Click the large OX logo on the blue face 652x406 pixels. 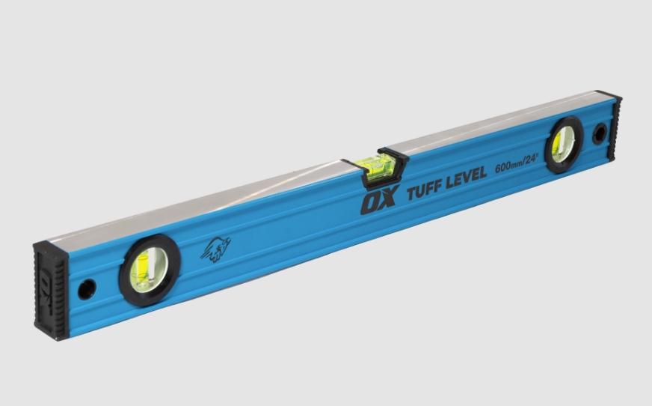[380, 200]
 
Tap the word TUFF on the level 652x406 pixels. [424, 190]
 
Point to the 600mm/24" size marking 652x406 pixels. [517, 163]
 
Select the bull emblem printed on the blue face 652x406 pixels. [215, 249]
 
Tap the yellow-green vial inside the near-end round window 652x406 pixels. [141, 270]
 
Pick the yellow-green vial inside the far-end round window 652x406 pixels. [558, 144]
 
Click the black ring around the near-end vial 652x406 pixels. [123, 270]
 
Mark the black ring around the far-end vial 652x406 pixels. [548, 145]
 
